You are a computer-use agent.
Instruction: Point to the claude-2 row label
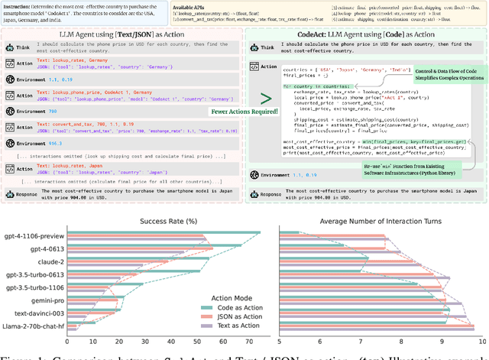coord(48,260)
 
